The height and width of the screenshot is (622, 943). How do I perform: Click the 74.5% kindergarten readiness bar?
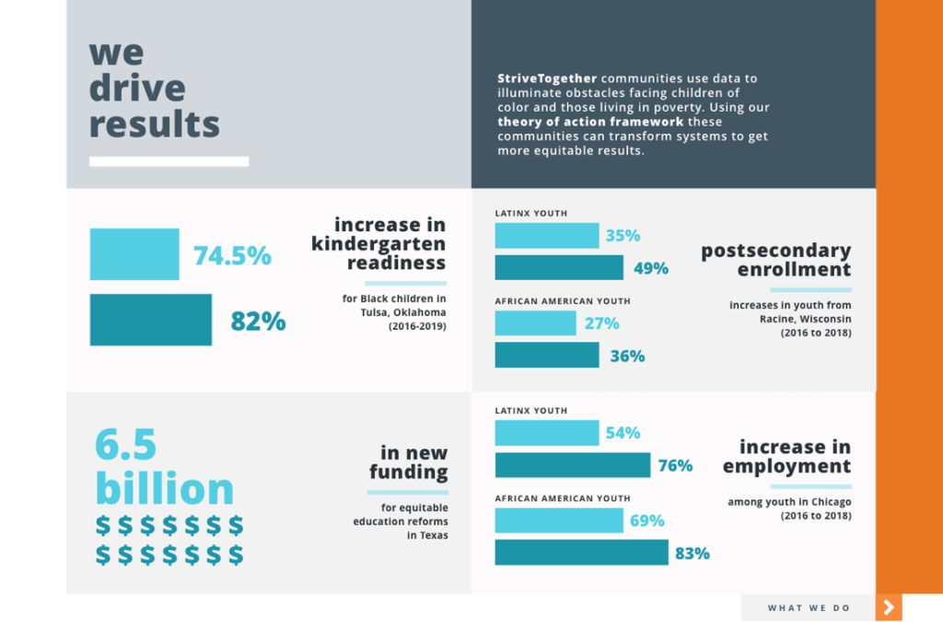(x=134, y=253)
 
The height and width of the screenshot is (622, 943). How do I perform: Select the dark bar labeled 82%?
(x=151, y=320)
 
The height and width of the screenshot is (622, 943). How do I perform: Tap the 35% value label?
(x=623, y=235)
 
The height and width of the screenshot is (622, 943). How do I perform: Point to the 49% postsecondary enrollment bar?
(x=559, y=267)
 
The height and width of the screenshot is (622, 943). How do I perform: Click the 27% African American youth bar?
(x=535, y=323)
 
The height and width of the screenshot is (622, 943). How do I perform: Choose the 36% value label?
(x=627, y=356)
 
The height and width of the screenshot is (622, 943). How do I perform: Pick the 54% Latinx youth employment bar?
(x=547, y=432)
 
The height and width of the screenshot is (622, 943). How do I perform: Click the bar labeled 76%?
(x=573, y=465)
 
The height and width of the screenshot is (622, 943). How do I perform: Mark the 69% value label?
(x=647, y=521)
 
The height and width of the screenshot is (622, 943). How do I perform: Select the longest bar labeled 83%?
(x=582, y=552)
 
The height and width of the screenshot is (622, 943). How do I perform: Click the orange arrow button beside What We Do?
(x=889, y=607)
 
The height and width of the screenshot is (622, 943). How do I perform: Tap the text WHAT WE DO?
(x=809, y=608)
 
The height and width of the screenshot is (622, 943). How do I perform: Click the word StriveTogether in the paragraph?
(x=547, y=78)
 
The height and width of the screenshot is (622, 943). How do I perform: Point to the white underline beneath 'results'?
(x=169, y=161)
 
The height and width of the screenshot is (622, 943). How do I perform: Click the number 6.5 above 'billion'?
(x=125, y=444)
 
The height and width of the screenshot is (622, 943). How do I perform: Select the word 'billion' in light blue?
(x=164, y=487)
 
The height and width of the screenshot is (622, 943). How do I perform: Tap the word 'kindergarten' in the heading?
(x=378, y=244)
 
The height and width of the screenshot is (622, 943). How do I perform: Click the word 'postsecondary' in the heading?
(x=775, y=251)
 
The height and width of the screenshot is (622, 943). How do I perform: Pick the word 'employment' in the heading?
(x=786, y=466)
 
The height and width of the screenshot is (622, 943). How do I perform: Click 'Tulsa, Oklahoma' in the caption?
(x=403, y=312)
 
